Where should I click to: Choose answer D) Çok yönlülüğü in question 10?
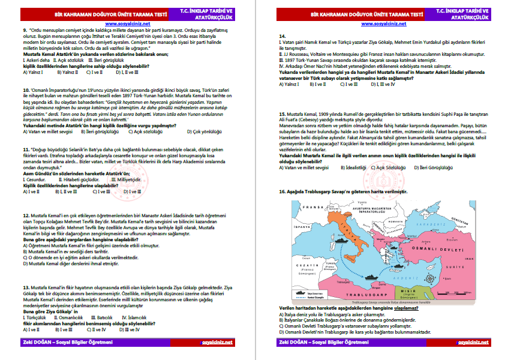pyautogui.click(x=204, y=131)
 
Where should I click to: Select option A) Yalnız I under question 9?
pyautogui.click(x=33, y=72)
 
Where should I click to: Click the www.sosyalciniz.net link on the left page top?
pyautogui.click(x=130, y=23)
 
